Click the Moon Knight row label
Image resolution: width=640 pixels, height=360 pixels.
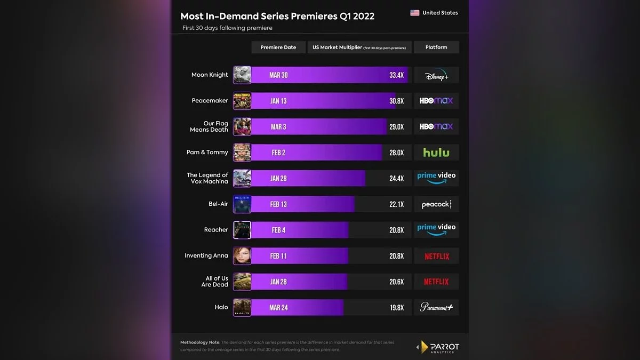click(210, 75)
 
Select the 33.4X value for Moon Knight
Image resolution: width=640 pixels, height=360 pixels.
click(396, 75)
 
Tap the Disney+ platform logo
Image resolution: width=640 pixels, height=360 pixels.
click(436, 76)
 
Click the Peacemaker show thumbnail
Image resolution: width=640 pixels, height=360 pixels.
click(242, 101)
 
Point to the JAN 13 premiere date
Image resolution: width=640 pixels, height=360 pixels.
click(278, 101)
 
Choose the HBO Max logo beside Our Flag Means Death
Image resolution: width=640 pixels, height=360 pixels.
click(436, 127)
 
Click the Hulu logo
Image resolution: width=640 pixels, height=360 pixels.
click(436, 153)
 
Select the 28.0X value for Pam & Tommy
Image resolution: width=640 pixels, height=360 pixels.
click(396, 153)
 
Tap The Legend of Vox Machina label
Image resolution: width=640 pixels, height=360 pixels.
click(207, 178)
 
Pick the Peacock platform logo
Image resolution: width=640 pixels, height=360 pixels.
click(436, 204)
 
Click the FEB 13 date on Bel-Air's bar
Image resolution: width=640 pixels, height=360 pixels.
click(278, 204)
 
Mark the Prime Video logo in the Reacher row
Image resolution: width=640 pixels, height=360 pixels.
click(436, 229)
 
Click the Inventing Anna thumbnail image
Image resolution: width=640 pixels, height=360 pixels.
click(242, 256)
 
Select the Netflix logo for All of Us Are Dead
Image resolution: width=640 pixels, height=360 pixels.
click(436, 282)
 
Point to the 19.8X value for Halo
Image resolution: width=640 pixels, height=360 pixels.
click(396, 308)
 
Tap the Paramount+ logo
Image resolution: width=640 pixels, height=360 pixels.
click(436, 307)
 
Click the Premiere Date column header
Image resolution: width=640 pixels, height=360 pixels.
click(278, 47)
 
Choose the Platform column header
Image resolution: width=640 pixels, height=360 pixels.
click(436, 47)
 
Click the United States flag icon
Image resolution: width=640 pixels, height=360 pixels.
click(414, 13)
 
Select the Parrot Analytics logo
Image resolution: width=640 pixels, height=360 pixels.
click(437, 347)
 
